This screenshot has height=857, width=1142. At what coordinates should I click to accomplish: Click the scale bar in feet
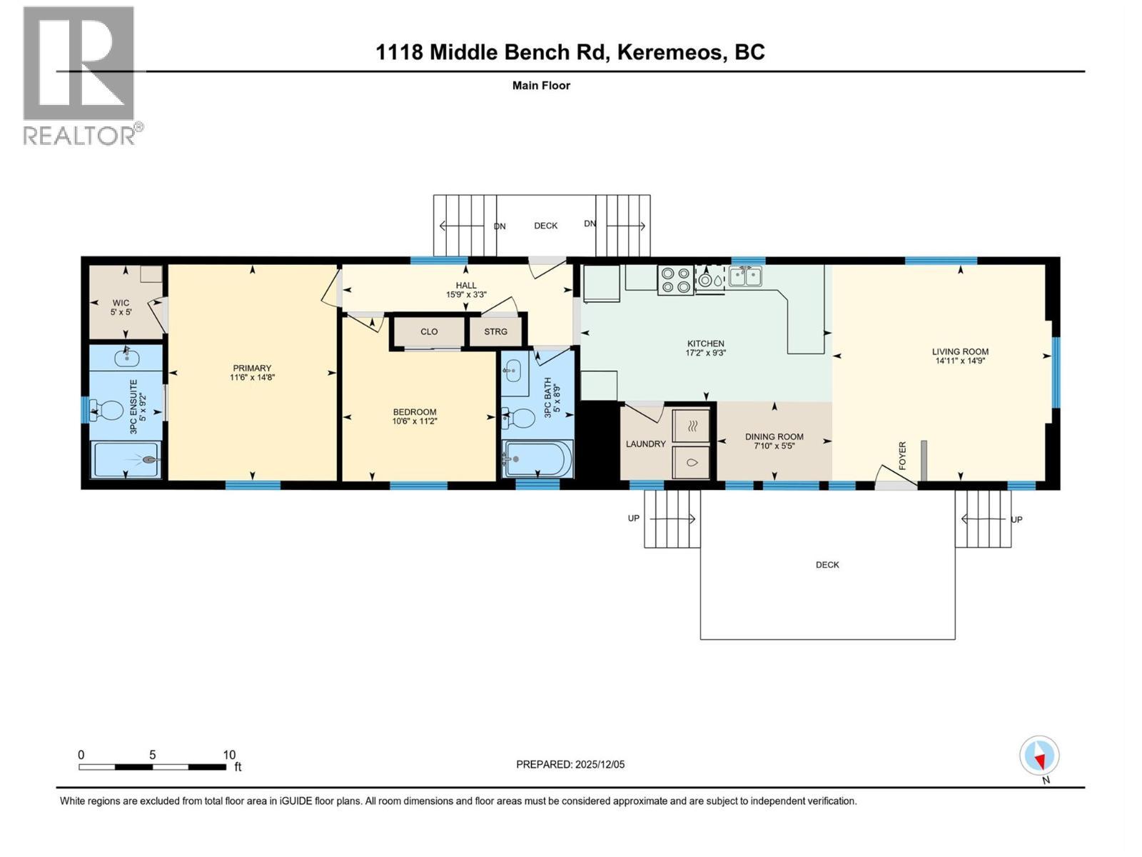point(152,767)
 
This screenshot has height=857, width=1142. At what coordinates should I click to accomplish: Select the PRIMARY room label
point(252,369)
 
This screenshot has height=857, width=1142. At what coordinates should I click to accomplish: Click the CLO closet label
point(429,331)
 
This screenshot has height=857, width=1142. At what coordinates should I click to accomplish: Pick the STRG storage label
point(495,331)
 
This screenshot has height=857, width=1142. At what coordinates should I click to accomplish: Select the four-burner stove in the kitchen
point(675,280)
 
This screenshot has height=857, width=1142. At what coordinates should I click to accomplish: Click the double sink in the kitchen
point(745,276)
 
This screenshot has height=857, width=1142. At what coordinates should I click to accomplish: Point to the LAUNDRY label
point(645,443)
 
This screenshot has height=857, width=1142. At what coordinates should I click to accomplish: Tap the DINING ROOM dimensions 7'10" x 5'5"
point(774,446)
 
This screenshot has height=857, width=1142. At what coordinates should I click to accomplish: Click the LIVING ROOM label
point(960,351)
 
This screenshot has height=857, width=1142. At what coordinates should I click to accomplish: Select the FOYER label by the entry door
point(902,455)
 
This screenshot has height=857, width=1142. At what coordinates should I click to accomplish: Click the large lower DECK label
point(827,565)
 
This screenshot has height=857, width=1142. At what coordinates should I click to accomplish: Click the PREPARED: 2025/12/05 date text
point(570,764)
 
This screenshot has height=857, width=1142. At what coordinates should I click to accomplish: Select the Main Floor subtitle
point(541,86)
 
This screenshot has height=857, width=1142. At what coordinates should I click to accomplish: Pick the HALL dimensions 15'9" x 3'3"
point(466,294)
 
